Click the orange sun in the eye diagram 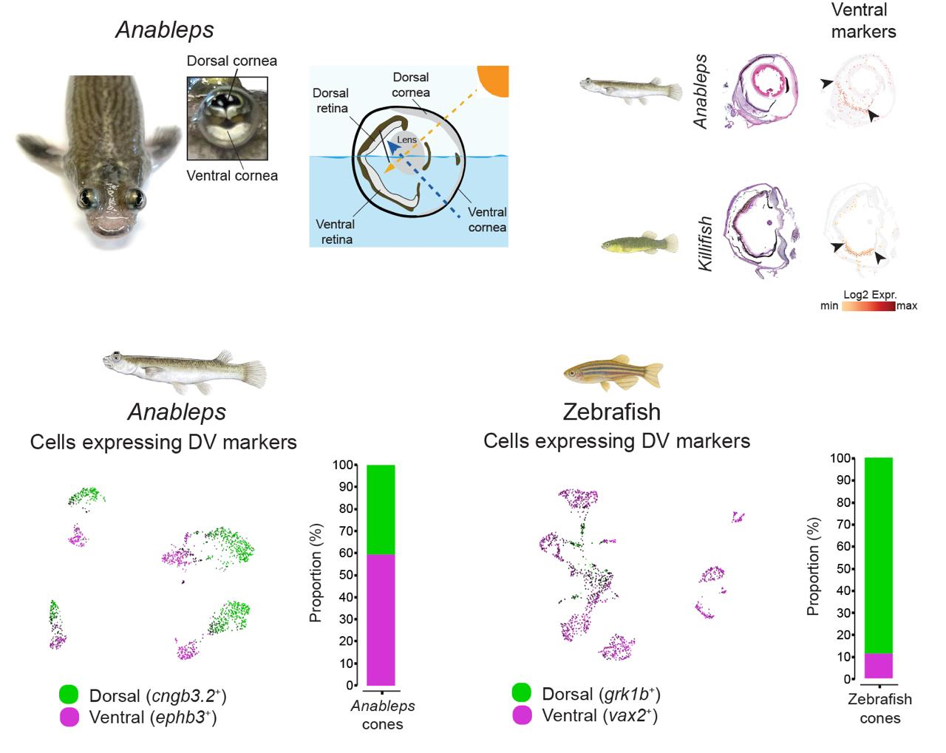[494, 79]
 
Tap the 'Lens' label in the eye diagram [407, 140]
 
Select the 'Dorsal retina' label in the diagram [330, 100]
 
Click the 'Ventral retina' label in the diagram [336, 231]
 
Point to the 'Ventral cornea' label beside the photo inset [232, 176]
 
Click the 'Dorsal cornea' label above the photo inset [232, 61]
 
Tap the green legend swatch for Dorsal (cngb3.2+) [69, 695]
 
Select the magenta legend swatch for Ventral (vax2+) [522, 715]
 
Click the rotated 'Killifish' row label [706, 244]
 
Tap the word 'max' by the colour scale [907, 306]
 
